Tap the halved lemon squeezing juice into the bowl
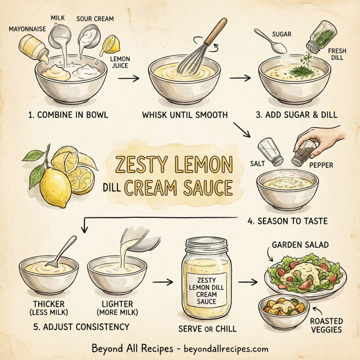(x=111, y=45)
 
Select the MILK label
(x=58, y=19)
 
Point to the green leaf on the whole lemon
(x=34, y=157)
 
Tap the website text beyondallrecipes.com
(x=223, y=348)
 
